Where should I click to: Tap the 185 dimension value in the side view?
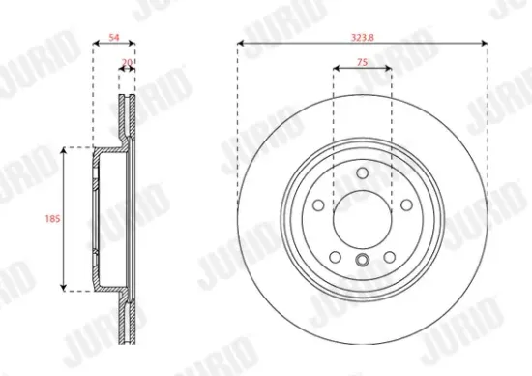point(53,219)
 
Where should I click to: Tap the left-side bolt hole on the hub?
point(318,204)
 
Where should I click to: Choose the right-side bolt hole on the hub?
point(404,204)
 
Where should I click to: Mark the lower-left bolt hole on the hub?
point(335,256)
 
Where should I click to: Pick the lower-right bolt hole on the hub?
point(388,256)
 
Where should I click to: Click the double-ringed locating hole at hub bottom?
point(362,260)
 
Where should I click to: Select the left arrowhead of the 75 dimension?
point(336,69)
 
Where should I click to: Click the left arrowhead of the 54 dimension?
point(94,43)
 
